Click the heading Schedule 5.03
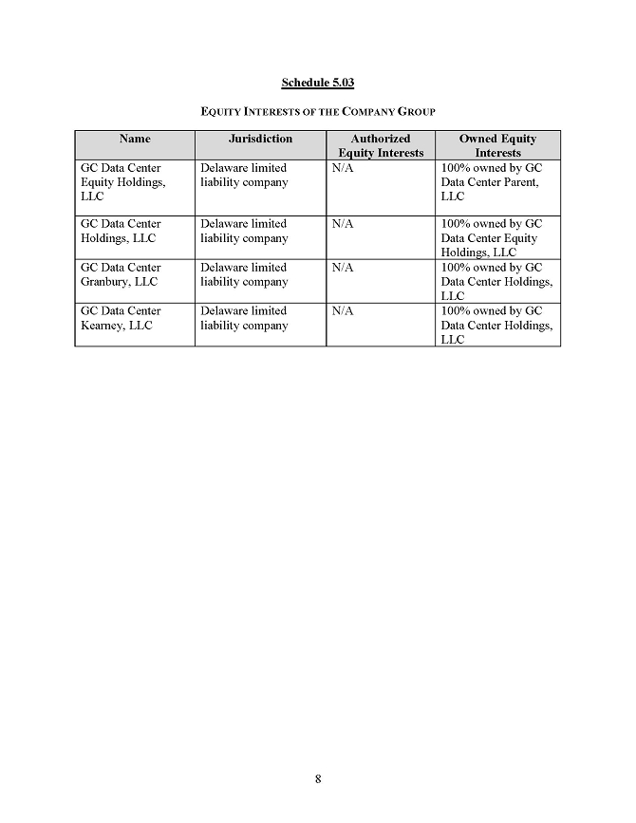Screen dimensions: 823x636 (x=317, y=84)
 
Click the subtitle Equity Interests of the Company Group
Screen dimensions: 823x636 (x=317, y=112)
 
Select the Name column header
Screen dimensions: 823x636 (x=135, y=140)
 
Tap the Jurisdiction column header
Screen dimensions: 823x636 (x=260, y=140)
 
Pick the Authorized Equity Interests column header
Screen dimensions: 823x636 (x=381, y=145)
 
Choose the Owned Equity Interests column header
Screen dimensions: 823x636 (x=497, y=145)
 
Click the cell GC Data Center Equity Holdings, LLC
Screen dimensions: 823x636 (x=122, y=182)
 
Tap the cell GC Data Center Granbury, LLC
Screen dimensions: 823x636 (x=121, y=274)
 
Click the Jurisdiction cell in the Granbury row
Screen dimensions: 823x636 (x=244, y=274)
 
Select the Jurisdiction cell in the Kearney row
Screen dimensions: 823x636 (x=244, y=318)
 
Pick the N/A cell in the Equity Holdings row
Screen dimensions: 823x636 (x=343, y=168)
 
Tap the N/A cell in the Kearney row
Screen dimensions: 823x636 (x=343, y=311)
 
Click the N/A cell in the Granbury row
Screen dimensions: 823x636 (x=343, y=268)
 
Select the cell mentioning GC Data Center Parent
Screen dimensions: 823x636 (x=491, y=182)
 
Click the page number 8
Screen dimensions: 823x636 (x=318, y=779)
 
